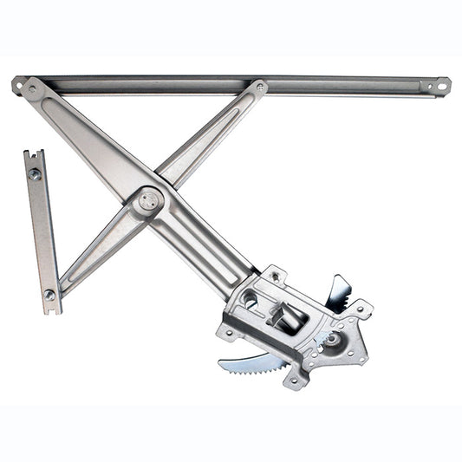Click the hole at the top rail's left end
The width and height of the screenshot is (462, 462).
[x=17, y=85]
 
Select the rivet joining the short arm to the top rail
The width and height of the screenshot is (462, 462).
[x=259, y=88]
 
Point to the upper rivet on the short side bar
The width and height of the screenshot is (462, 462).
[x=36, y=174]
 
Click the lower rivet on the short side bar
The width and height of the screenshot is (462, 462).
[x=49, y=296]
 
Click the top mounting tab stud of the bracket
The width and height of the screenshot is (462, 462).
[x=275, y=276]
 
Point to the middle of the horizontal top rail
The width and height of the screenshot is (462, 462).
[x=234, y=84]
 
